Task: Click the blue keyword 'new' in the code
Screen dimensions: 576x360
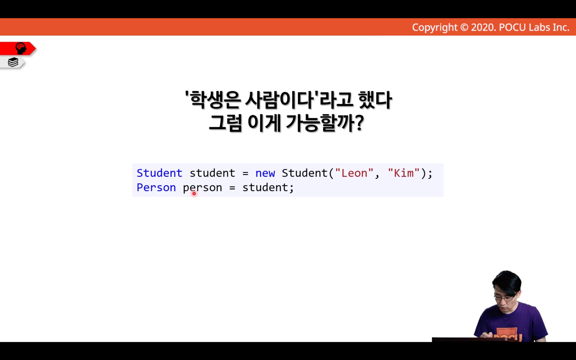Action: [265, 173]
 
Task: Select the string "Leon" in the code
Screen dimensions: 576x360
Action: [354, 173]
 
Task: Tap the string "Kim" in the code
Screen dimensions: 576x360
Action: [404, 173]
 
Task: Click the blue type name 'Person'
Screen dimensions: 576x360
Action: [156, 187]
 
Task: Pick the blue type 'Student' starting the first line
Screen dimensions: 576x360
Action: [159, 173]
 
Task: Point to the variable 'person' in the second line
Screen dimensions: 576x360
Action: [202, 188]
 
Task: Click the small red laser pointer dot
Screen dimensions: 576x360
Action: [194, 194]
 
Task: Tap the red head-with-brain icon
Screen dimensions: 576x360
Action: [21, 48]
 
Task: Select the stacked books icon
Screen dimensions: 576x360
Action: [13, 62]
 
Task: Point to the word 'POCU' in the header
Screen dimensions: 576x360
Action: [512, 27]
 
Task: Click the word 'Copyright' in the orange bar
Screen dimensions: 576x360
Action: [435, 28]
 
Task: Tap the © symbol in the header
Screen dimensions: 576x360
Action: [464, 27]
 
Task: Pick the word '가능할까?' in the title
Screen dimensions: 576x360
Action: [325, 123]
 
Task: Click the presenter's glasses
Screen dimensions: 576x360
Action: [504, 298]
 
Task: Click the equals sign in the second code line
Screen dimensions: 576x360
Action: [232, 188]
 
